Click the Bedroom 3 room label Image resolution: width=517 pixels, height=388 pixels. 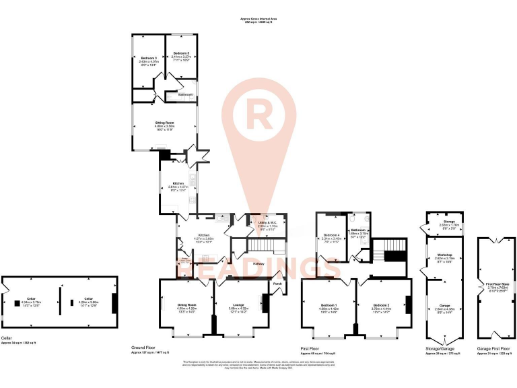pos(149,59)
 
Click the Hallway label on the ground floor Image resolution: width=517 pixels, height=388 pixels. pos(258,263)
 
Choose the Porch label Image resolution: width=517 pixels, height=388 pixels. pos(277,284)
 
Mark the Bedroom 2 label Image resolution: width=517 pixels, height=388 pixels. pos(381,306)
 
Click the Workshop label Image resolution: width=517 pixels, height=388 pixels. pos(442,255)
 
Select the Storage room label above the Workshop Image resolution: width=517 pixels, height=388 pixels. pos(448,223)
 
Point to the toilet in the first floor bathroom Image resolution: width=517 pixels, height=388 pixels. pos(353,220)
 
